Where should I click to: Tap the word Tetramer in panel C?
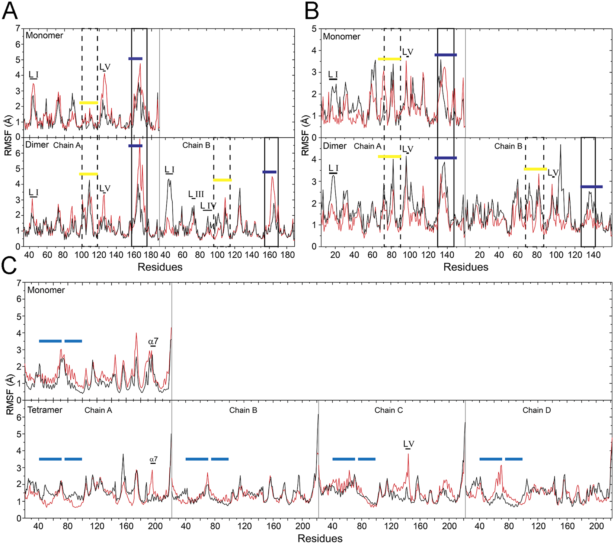45,410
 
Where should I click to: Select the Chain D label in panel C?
536,410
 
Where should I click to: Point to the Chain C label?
388,410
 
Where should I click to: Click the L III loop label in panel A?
196,194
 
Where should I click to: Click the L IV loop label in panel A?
208,206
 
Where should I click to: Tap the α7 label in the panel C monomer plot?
153,341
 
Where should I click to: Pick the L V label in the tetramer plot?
409,444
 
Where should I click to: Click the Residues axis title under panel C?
320,538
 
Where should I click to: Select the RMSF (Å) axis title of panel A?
8,135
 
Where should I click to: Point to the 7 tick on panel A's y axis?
18,28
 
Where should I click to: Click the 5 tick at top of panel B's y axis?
314,28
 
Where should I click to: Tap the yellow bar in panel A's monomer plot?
89,103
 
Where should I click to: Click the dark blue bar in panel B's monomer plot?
445,55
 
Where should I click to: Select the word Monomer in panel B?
342,36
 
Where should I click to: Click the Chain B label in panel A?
196,145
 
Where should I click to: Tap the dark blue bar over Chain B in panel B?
591,187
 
